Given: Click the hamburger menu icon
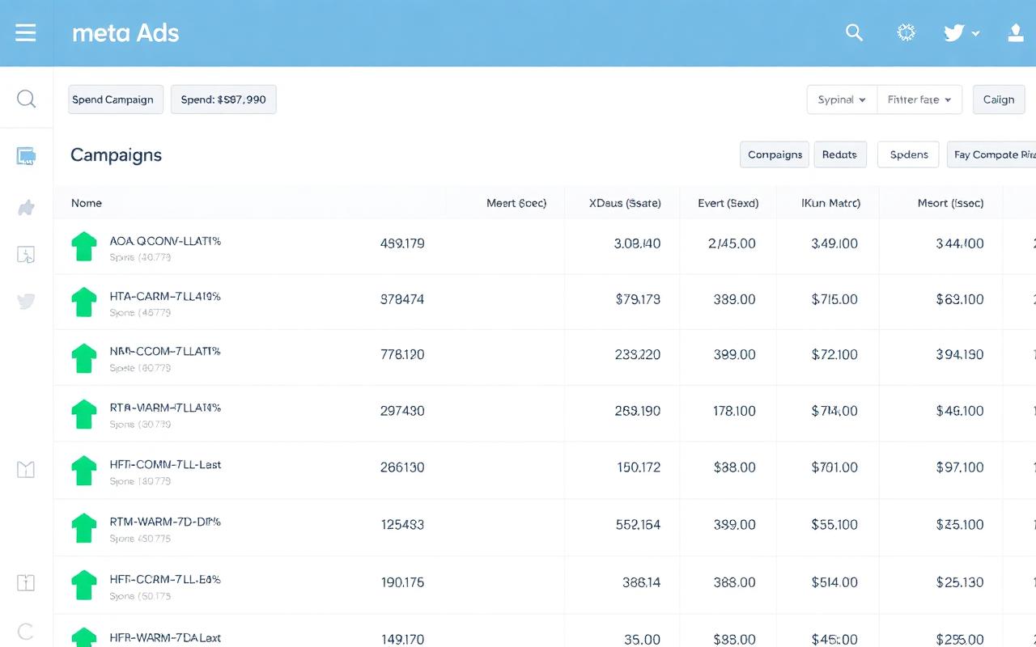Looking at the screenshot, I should (26, 33).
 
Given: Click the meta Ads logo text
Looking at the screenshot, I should (125, 33).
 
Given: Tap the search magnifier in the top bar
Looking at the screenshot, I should (854, 32).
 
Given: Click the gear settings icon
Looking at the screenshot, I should (906, 32).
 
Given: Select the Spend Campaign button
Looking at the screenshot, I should (116, 99).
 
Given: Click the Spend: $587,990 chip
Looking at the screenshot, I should (223, 99).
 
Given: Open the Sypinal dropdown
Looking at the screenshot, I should (842, 99).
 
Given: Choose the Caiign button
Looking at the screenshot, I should (998, 99).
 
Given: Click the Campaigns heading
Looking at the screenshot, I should (116, 155).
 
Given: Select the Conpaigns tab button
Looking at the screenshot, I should (775, 154).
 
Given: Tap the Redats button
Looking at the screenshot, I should (839, 154).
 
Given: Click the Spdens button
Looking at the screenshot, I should (908, 154).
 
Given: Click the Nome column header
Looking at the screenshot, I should (87, 203).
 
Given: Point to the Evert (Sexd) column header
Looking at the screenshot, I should (728, 203).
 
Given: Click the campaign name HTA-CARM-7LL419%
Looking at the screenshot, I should (165, 297).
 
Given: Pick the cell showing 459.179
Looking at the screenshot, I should (402, 243).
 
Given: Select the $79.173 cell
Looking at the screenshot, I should (638, 299).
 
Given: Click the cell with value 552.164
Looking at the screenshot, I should (638, 524).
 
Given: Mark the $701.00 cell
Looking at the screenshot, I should (834, 467).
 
